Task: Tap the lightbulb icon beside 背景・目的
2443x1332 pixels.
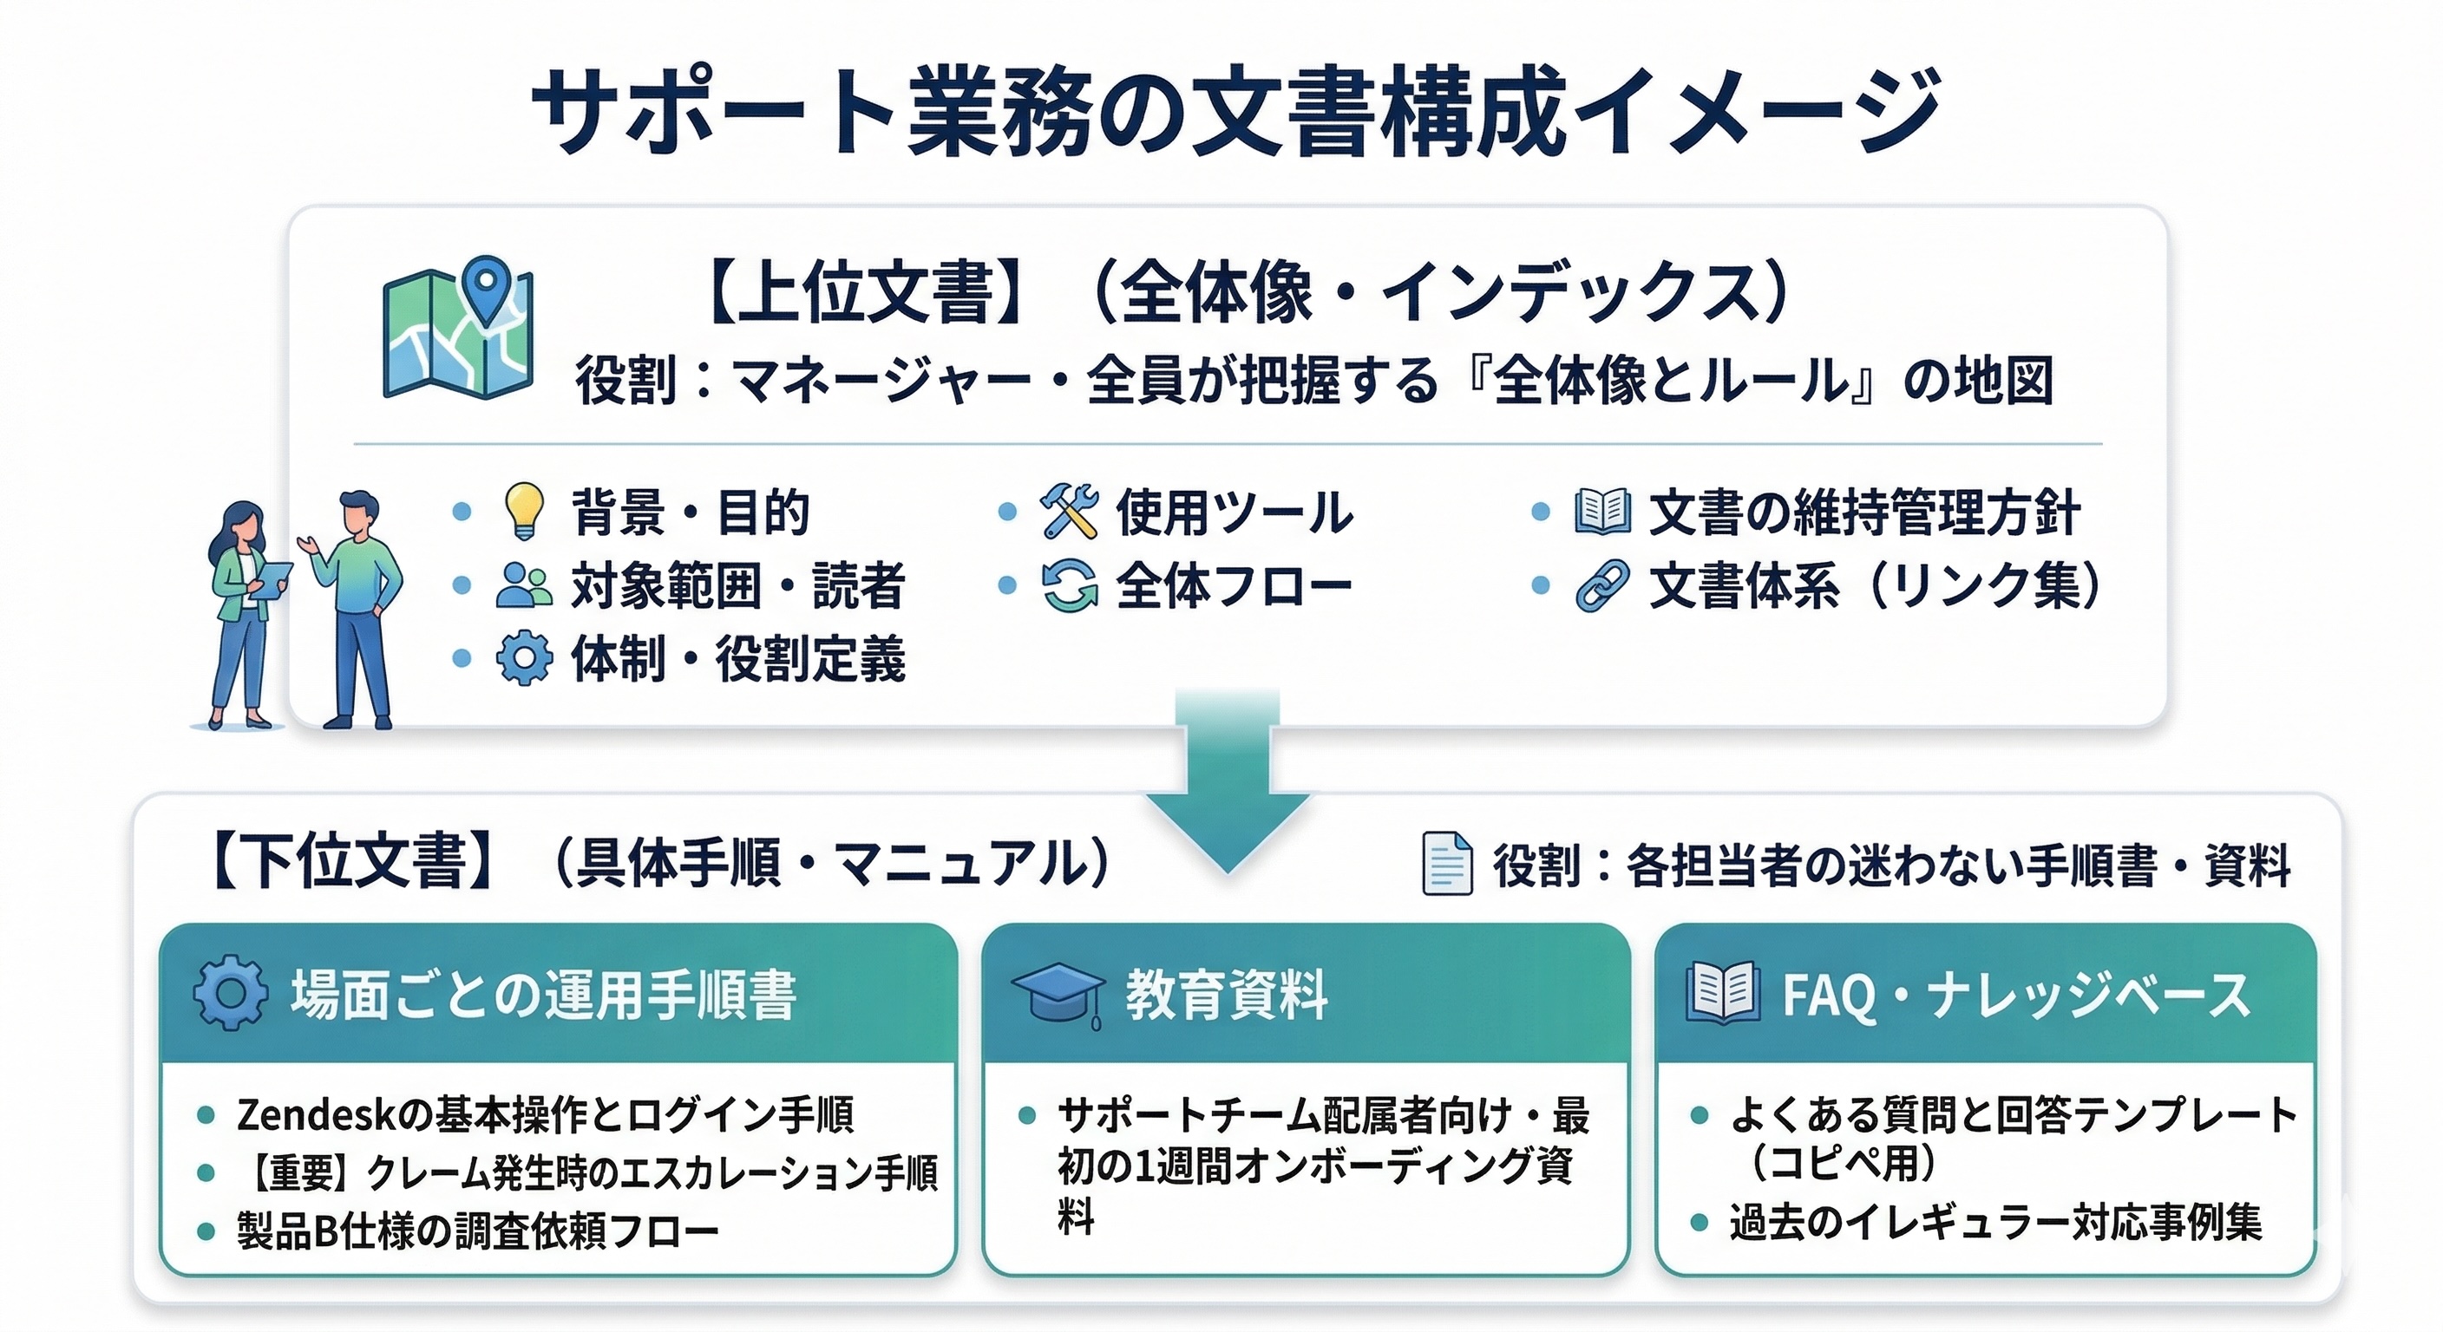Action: pyautogui.click(x=523, y=511)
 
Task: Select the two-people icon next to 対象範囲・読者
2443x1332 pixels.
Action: pyautogui.click(x=523, y=585)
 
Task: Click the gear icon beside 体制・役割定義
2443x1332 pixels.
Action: pyautogui.click(x=523, y=658)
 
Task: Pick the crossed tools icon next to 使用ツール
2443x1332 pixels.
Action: pyautogui.click(x=1069, y=511)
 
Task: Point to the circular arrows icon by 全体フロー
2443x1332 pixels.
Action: pyautogui.click(x=1069, y=585)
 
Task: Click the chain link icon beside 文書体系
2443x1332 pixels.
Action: pyautogui.click(x=1601, y=585)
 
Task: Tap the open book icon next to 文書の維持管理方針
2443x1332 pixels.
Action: pyautogui.click(x=1601, y=511)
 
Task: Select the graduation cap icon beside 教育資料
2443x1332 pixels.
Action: pyautogui.click(x=1058, y=995)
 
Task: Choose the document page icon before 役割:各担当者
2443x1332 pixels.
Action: pyautogui.click(x=1447, y=864)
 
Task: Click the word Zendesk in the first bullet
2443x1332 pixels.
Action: pyautogui.click(x=314, y=1115)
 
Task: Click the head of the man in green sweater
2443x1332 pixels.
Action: pyautogui.click(x=359, y=515)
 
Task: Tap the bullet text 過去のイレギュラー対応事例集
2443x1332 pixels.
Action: pyautogui.click(x=1995, y=1222)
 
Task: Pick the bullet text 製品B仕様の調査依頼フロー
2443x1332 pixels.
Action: pyautogui.click(x=478, y=1231)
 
